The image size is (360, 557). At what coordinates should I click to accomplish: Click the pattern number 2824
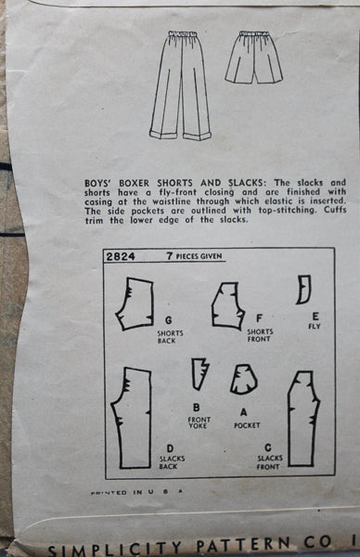tap(121, 256)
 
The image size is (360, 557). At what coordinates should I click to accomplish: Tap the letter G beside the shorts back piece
tap(168, 320)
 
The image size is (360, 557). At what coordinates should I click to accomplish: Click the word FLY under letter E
tap(315, 326)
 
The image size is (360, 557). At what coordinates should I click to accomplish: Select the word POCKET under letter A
tap(247, 425)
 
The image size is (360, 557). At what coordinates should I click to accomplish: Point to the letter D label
tap(170, 449)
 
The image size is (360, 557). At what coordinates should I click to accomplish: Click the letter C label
tap(268, 447)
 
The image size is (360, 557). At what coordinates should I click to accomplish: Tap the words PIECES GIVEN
tap(199, 256)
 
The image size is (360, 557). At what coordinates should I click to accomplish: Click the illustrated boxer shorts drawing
tap(253, 57)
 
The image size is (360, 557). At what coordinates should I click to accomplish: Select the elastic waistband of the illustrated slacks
tap(183, 34)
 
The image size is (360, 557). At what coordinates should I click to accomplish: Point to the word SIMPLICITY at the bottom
tap(114, 550)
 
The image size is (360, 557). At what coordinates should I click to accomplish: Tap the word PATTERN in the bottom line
tap(243, 545)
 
